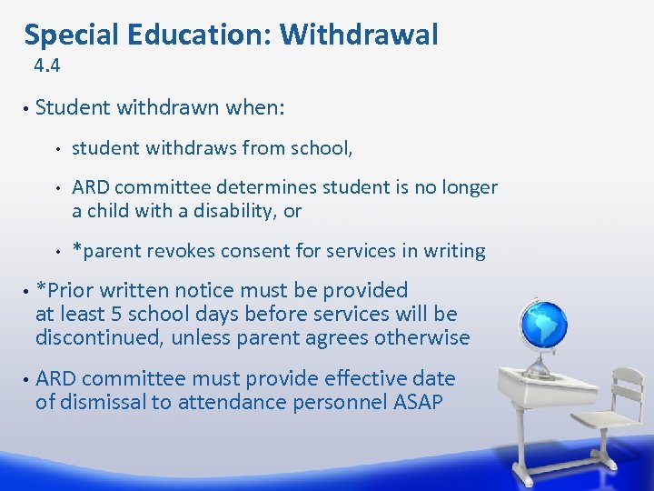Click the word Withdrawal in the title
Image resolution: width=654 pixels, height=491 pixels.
click(x=359, y=35)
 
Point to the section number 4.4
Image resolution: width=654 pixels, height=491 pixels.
click(x=46, y=65)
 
